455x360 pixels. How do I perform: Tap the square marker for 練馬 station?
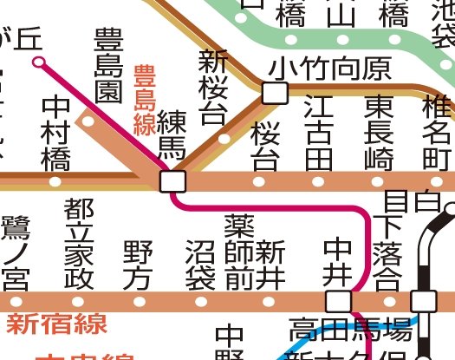point(172,181)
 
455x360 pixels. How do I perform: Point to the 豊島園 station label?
point(109,67)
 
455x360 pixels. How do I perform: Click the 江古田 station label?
point(318,132)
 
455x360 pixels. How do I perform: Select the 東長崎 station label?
point(378,132)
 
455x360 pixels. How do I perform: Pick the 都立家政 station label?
point(79,242)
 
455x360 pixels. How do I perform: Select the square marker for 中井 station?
point(338,301)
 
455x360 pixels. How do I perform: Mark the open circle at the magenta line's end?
point(38,62)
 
